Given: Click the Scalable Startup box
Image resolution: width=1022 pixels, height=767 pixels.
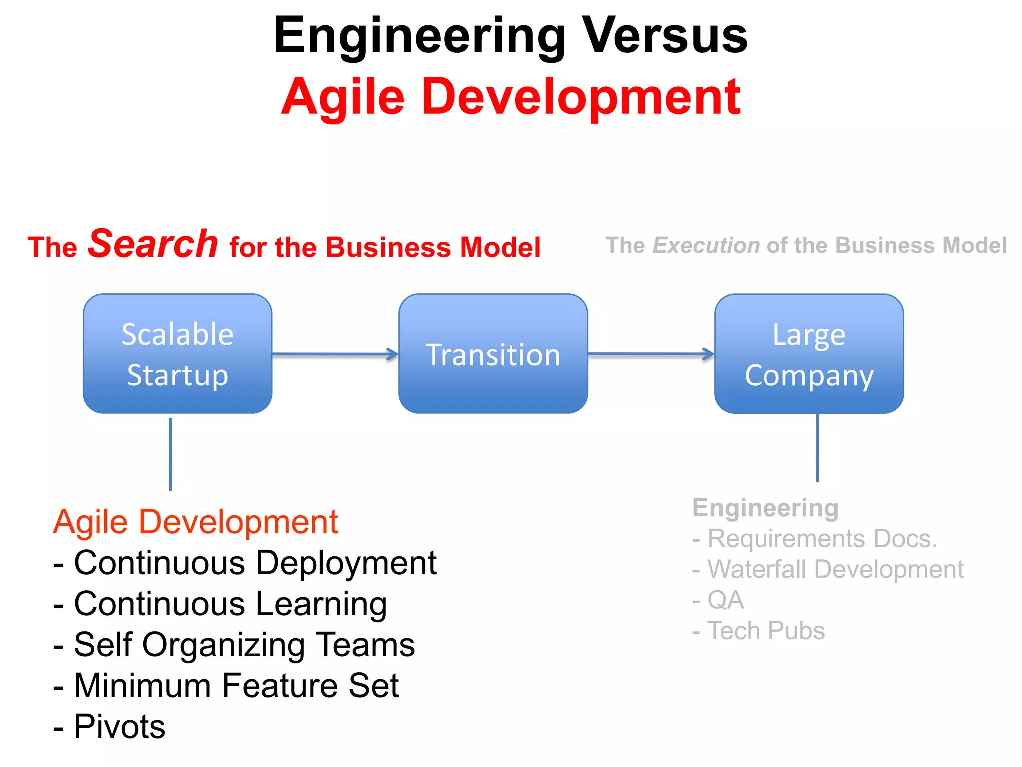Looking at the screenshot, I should click(x=178, y=354).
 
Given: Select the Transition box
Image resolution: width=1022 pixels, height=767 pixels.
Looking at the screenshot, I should click(x=493, y=354).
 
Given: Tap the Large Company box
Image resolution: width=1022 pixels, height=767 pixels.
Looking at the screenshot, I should click(x=808, y=354).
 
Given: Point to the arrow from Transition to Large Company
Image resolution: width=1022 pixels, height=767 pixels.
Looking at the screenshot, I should click(x=651, y=354).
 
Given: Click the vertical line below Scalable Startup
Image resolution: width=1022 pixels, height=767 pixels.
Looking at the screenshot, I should click(x=171, y=454).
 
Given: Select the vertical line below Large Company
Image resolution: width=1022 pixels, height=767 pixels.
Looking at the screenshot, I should click(x=817, y=448).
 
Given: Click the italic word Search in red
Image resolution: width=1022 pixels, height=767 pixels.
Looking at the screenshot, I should click(x=153, y=244).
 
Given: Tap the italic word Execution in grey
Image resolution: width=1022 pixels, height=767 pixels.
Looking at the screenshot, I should click(x=706, y=245).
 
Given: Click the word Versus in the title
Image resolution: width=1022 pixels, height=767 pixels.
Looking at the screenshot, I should click(x=665, y=36).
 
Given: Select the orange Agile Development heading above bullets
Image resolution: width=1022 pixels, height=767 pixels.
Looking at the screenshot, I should click(x=196, y=522).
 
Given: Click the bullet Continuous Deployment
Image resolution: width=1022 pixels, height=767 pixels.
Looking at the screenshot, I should click(x=255, y=563).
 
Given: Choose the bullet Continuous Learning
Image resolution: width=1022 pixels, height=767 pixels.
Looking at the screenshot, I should click(x=230, y=604).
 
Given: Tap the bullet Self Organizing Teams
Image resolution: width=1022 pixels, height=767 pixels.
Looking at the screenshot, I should click(x=244, y=645).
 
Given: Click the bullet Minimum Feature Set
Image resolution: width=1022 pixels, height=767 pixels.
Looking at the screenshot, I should click(x=236, y=686).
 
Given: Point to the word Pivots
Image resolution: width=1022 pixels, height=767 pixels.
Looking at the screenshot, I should click(x=119, y=727).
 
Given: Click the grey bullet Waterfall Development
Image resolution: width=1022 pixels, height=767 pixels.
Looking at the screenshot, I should click(x=835, y=569).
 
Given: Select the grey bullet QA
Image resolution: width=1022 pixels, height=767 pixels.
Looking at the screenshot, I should click(x=725, y=600).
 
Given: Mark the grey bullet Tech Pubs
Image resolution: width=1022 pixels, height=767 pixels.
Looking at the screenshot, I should click(x=766, y=631).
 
